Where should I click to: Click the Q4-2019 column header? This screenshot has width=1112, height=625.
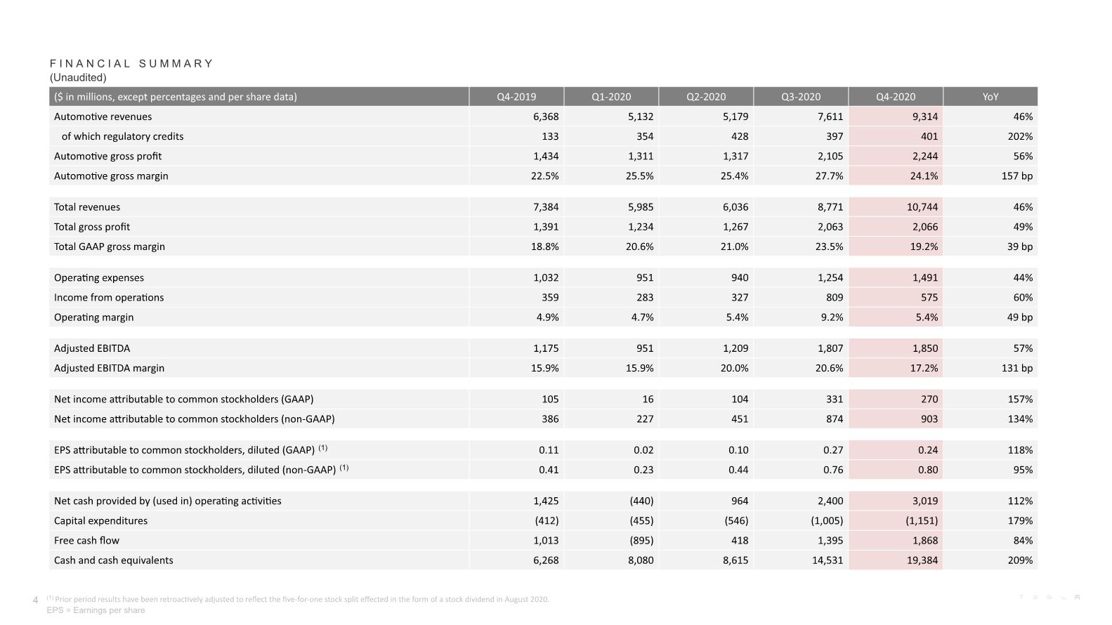516,97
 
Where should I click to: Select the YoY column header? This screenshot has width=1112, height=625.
990,97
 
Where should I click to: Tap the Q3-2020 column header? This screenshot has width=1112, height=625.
801,97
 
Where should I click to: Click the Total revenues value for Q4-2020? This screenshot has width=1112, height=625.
922,207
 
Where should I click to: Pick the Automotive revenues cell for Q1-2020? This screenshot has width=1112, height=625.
641,117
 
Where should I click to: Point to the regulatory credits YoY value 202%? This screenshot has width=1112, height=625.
1020,136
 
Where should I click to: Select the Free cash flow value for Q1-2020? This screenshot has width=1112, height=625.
641,541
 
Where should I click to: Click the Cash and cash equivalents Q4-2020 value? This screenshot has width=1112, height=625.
922,560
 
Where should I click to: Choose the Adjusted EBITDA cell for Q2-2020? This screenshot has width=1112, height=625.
735,348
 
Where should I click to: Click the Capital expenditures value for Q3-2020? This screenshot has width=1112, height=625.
827,521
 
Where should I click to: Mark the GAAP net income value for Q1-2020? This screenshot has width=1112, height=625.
648,399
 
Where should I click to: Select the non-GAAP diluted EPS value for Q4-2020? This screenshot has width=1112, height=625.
928,470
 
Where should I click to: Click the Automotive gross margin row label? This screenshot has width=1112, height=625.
111,176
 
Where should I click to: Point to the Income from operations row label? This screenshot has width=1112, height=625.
109,297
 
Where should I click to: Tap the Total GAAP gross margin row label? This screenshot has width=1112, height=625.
109,246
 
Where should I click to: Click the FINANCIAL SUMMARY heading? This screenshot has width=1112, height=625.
131,63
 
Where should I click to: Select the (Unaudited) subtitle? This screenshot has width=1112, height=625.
78,77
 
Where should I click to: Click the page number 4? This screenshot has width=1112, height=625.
35,600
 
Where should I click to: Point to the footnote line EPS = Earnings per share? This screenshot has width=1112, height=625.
96,610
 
